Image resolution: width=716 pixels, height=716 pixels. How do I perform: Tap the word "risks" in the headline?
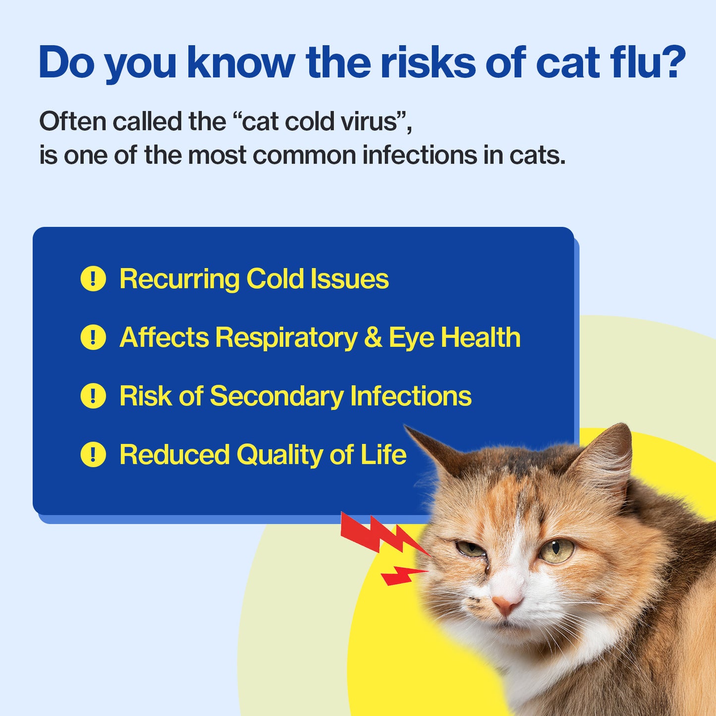[x=428, y=63]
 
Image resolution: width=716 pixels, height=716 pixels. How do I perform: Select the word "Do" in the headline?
[x=66, y=63]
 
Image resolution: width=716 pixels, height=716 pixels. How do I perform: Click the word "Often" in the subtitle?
[x=72, y=121]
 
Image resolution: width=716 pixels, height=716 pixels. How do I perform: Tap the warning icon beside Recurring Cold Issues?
[x=93, y=278]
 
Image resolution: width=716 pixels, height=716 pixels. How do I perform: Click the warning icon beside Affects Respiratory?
[x=93, y=337]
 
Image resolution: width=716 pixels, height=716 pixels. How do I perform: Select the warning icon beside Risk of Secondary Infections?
[x=93, y=396]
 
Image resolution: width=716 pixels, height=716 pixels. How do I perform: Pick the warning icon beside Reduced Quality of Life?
[x=93, y=454]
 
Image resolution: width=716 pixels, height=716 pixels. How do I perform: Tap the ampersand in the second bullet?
[x=373, y=337]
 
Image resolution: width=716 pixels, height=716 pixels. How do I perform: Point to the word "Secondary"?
[x=276, y=396]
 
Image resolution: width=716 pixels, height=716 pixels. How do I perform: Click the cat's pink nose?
[x=506, y=604]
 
